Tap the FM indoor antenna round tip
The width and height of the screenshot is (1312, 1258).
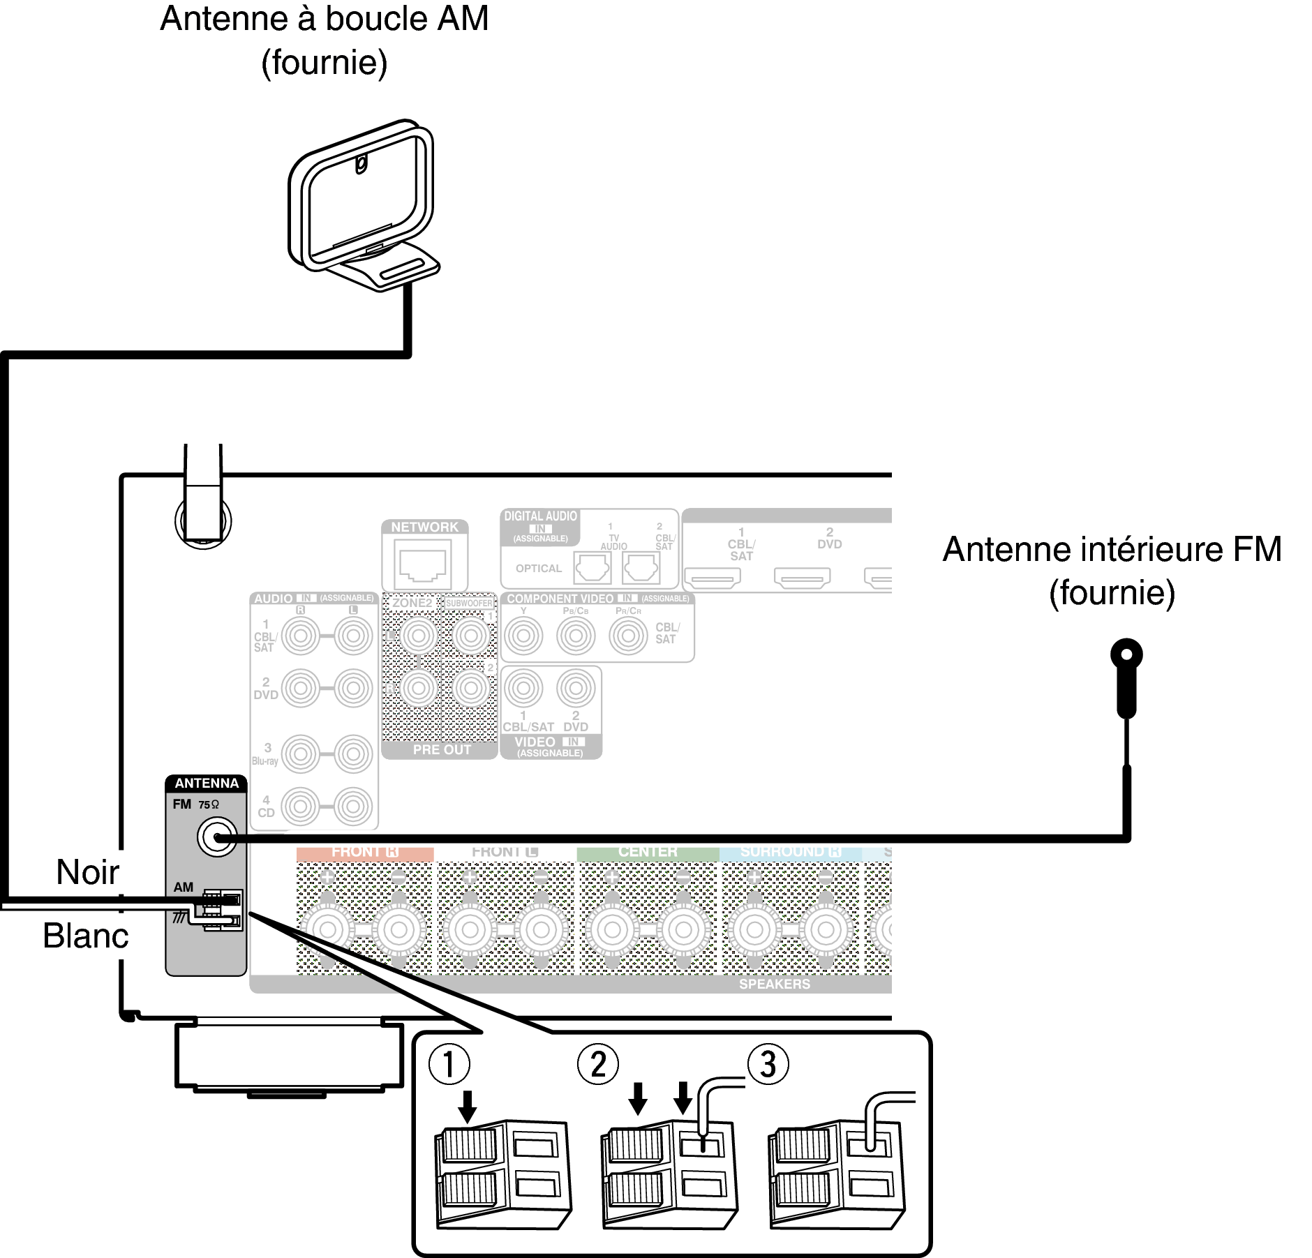pos(1126,654)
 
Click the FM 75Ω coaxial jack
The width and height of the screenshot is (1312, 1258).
pos(216,837)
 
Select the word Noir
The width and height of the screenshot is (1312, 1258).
pos(87,872)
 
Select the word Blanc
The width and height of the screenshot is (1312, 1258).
pos(85,936)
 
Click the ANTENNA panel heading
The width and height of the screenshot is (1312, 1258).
pos(207,784)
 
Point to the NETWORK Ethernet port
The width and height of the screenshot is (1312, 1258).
pos(423,566)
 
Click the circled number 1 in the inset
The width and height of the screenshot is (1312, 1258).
pos(449,1064)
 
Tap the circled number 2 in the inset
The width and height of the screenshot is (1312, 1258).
pos(598,1064)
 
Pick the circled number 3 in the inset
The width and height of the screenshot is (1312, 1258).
pos(768,1064)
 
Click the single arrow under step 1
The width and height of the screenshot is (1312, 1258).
pos(467,1106)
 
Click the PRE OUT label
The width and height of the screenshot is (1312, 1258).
pos(442,750)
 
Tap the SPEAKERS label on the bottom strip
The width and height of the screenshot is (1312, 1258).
pos(775,984)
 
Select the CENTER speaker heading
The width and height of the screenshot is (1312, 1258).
pos(648,853)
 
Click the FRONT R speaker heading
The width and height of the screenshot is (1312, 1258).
pos(364,853)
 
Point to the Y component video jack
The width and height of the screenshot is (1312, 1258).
pos(523,636)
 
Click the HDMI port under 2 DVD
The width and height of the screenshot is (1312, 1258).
pos(802,578)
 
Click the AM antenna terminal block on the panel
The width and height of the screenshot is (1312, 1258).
pos(223,910)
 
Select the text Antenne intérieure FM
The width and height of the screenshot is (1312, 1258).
pos(1112,549)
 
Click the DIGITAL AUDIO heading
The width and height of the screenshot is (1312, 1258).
pos(541,516)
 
